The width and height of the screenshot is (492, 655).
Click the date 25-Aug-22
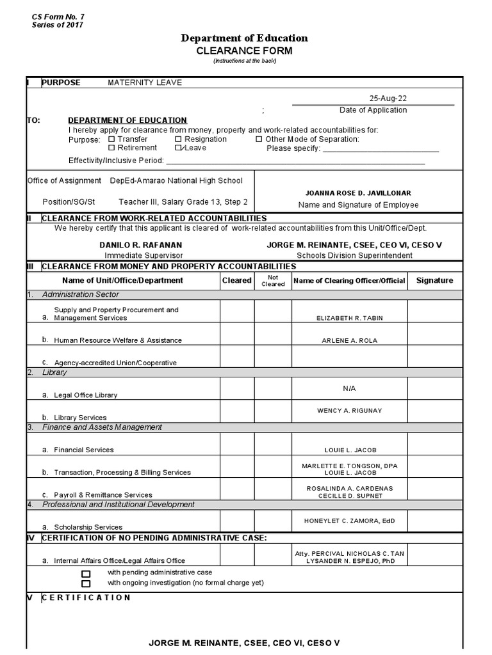tap(388, 99)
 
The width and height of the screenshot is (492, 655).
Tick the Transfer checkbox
tap(111, 139)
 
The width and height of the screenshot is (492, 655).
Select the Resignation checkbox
tap(178, 139)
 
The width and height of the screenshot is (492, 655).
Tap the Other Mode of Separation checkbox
tap(259, 139)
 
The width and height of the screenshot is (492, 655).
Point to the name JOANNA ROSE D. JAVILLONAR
tap(358, 193)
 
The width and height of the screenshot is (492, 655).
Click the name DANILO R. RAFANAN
tap(131, 245)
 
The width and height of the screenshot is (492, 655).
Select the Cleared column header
tap(237, 280)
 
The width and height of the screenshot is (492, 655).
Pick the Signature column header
tap(434, 280)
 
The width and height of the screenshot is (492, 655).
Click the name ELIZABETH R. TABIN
tap(349, 318)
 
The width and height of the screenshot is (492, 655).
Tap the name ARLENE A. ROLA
tap(349, 340)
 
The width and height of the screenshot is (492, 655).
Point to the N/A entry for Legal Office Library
tap(349, 388)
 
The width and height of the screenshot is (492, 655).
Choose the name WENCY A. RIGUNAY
tap(349, 411)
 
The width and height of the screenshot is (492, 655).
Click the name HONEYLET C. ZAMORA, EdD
tap(349, 521)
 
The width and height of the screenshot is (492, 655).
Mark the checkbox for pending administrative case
tap(86, 574)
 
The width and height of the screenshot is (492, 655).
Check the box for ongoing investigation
tap(86, 583)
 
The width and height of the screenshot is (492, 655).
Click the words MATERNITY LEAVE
tap(145, 83)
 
